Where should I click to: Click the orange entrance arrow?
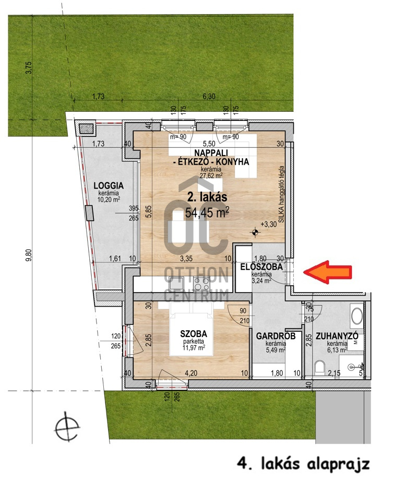(328, 272)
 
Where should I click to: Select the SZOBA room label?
(194, 334)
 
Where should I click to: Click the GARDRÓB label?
(276, 336)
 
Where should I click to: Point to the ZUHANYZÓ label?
(337, 336)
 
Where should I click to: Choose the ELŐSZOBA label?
(261, 267)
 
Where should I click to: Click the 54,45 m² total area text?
(207, 213)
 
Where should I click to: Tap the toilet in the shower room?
(319, 367)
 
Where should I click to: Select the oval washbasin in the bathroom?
(357, 316)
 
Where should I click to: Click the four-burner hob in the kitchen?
(201, 283)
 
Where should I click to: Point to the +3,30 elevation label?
(268, 224)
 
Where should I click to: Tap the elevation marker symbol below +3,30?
(255, 233)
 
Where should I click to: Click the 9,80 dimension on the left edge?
(29, 255)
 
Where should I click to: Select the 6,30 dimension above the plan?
(209, 96)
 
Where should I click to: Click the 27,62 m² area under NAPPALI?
(211, 176)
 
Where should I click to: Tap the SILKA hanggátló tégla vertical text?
(281, 194)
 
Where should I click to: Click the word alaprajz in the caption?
(338, 464)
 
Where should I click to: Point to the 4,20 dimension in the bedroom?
(190, 373)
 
